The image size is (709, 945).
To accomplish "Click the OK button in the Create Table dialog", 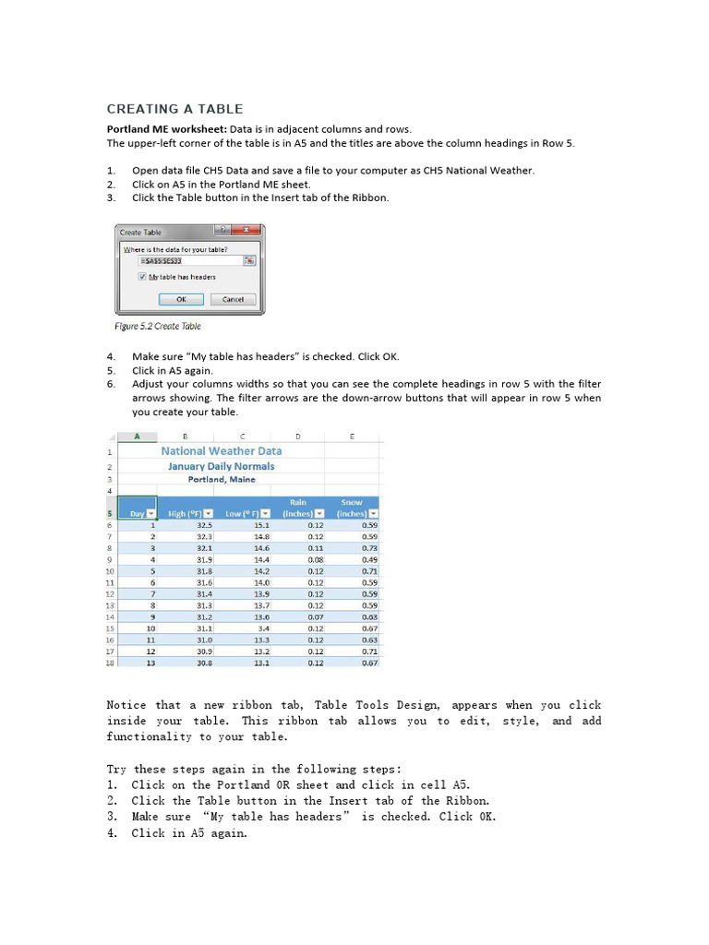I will (x=181, y=299).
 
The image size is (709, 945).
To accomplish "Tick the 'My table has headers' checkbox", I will (x=142, y=277).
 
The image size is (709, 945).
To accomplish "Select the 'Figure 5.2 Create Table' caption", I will (x=157, y=326).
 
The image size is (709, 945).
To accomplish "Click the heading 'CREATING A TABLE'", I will (x=175, y=109).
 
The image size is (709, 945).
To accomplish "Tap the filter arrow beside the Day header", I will (x=150, y=513).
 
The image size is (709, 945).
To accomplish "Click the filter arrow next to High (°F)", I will (x=209, y=513).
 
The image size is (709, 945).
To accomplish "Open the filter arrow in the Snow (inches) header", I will (x=374, y=513).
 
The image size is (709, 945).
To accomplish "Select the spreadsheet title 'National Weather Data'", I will (x=222, y=451).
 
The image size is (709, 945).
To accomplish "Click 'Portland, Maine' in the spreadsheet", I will (x=222, y=480).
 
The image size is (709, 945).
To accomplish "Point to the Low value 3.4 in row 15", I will (x=263, y=628).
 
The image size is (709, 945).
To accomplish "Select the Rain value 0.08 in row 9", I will (x=316, y=559).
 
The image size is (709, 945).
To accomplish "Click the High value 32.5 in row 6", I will (x=205, y=525).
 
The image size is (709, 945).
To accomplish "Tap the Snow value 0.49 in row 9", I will (x=369, y=559).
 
